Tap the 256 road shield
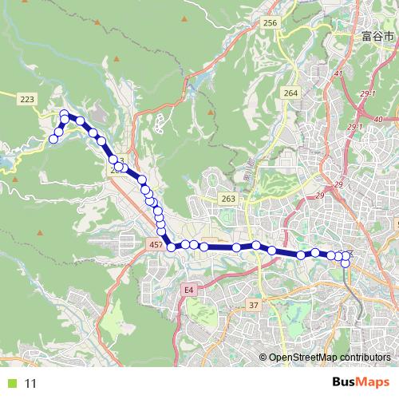click(x=271, y=23)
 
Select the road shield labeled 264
click(x=290, y=93)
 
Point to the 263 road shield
click(x=229, y=199)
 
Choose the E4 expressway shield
click(x=189, y=290)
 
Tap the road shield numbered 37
click(x=255, y=306)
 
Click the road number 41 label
click(x=338, y=74)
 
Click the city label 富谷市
click(x=377, y=37)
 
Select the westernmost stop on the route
click(x=53, y=139)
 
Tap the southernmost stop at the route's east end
click(x=346, y=263)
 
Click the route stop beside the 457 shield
click(x=171, y=247)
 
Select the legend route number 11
click(x=31, y=383)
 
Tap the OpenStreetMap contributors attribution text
click(x=329, y=358)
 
